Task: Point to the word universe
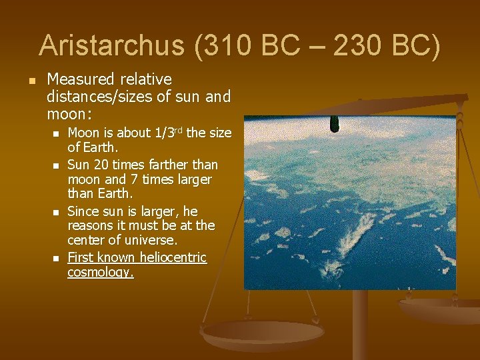153,241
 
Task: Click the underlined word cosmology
100,273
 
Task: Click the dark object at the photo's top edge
335,124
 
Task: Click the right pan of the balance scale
440,308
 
